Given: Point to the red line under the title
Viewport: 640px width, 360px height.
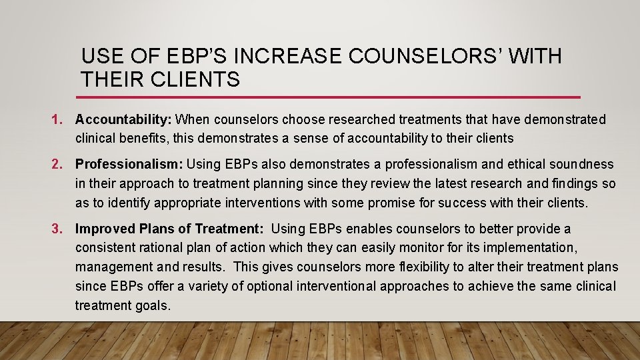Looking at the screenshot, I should click(x=331, y=97).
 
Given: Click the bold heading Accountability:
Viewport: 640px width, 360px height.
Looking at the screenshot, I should click(x=124, y=120).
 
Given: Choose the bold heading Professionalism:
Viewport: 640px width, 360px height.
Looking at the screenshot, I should click(x=129, y=164).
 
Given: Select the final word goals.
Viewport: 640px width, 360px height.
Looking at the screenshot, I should click(x=155, y=306).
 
